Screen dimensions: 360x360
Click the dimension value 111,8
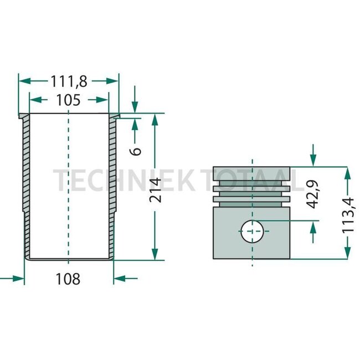tap(69, 81)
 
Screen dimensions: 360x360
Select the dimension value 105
tap(68, 100)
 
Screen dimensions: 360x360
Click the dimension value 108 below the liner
tap(69, 279)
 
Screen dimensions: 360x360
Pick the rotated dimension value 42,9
tap(314, 194)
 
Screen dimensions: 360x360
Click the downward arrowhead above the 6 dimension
tap(134, 109)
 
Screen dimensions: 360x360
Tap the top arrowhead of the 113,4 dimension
tap(348, 172)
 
